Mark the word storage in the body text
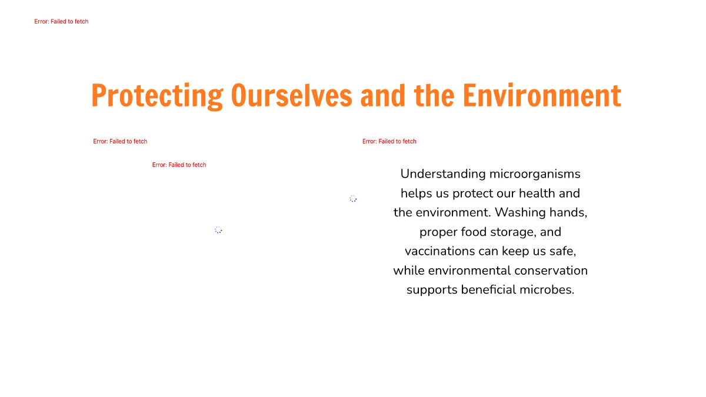pyautogui.click(x=512, y=232)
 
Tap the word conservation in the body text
pyautogui.click(x=551, y=271)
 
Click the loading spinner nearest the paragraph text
pyautogui.click(x=353, y=199)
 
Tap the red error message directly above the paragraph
pyautogui.click(x=389, y=141)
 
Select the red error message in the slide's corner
pyautogui.click(x=61, y=22)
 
